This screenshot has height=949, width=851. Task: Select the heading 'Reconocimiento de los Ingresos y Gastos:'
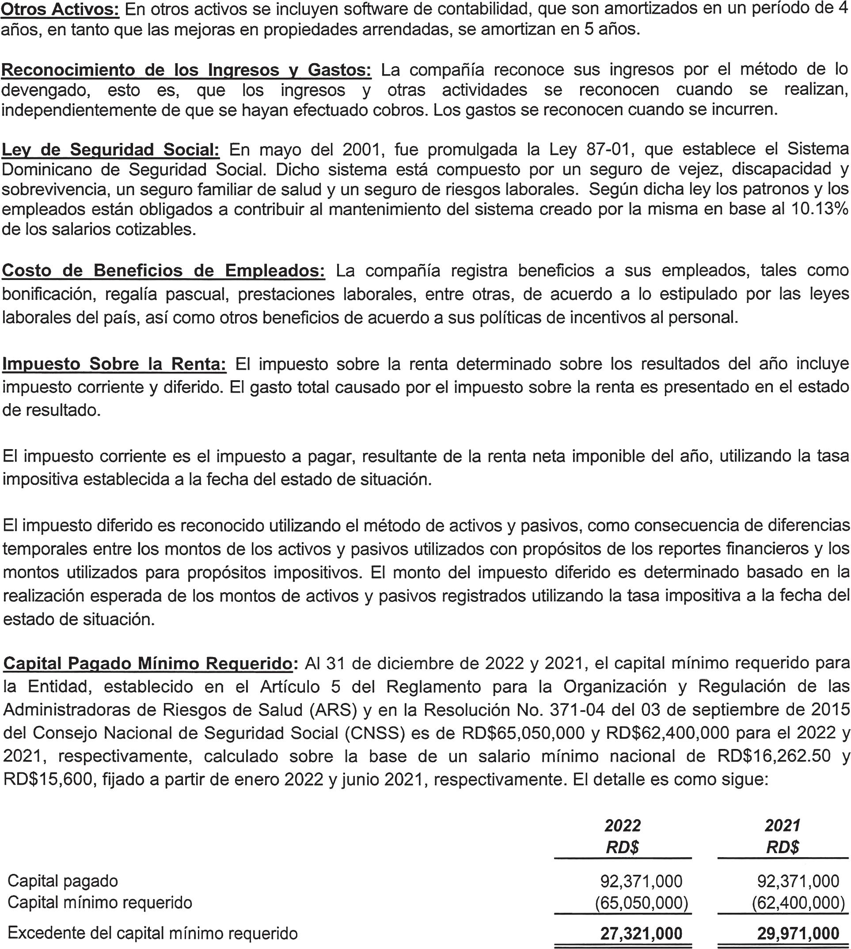point(186,70)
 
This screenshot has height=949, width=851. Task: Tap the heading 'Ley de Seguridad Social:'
point(110,150)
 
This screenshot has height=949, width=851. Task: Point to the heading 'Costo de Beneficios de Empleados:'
point(163,271)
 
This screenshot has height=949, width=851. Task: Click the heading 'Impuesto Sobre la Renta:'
point(114,363)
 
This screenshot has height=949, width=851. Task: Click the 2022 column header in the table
point(623,826)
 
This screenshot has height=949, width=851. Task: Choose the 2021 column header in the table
point(783,826)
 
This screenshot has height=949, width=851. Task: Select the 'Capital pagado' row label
point(63,881)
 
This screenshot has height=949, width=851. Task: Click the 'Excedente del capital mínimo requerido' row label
point(152,933)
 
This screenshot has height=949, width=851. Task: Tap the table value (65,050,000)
point(641,902)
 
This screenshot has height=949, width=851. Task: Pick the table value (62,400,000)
point(798,902)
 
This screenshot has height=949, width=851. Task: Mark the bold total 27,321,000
point(641,934)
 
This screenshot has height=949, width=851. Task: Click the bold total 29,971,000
point(798,934)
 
